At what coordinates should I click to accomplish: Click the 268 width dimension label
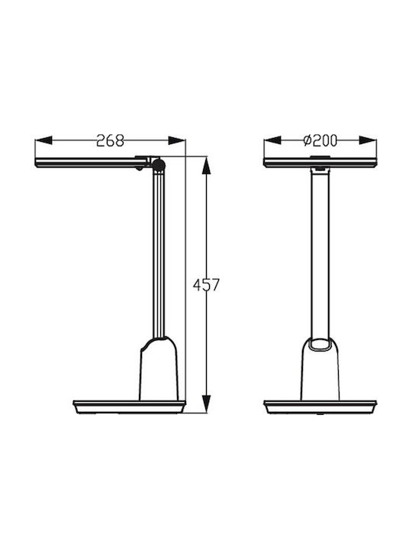point(110,140)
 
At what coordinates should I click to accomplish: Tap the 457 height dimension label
point(206,284)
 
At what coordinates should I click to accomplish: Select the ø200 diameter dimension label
point(320,140)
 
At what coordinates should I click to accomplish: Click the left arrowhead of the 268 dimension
point(43,140)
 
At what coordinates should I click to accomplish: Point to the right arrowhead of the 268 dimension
point(176,140)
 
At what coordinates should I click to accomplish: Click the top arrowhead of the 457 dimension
point(207,165)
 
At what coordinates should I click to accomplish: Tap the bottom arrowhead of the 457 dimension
point(207,403)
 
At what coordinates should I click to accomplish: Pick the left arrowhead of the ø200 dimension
point(272,140)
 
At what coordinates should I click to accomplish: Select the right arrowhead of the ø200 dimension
point(368,140)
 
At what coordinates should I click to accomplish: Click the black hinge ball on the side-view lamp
point(159,165)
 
